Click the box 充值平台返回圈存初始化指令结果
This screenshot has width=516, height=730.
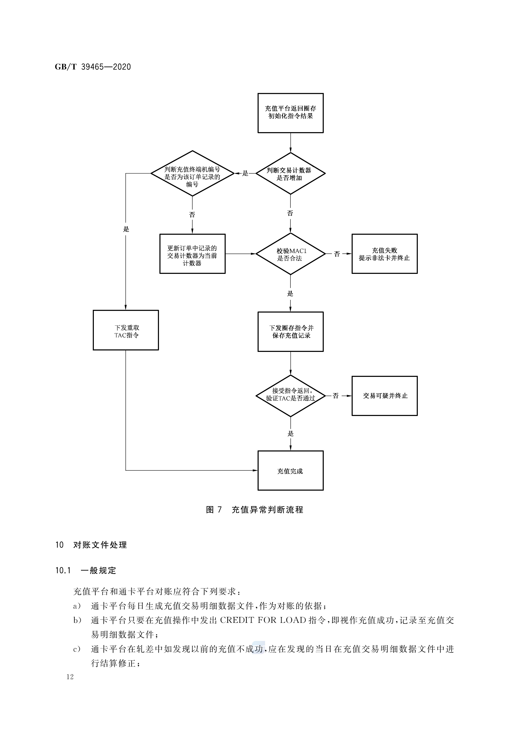290,113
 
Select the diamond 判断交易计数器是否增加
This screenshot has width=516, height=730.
290,174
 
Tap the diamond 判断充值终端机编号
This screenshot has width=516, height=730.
192,174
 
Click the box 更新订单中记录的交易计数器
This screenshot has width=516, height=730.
192,254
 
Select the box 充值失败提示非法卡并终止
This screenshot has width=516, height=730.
384,254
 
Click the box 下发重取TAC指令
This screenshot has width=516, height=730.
126,330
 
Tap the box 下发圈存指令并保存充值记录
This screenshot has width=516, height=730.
290,332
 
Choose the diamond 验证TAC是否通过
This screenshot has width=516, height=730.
290,396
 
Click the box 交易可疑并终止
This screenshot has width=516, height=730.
384,396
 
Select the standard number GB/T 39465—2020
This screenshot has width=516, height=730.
93,67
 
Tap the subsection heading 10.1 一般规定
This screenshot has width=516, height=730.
86,570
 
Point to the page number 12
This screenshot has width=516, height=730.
70,677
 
